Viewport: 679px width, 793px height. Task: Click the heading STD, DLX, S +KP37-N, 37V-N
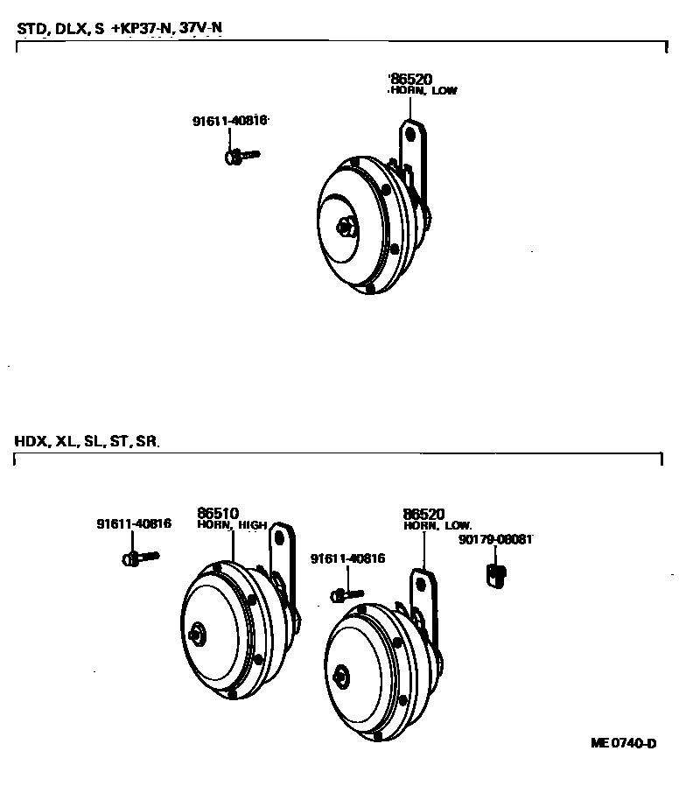(119, 29)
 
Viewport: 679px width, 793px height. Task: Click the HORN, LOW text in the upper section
(423, 90)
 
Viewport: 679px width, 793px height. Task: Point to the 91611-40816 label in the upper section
(229, 122)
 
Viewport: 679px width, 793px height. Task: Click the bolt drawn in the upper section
(241, 157)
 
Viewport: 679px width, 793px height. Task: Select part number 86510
(218, 514)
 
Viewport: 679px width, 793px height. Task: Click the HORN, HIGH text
(231, 525)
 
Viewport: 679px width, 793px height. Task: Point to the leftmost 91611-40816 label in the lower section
(133, 524)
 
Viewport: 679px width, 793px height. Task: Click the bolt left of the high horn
(140, 556)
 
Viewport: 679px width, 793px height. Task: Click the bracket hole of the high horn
(281, 536)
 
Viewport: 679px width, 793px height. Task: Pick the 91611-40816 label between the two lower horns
(347, 558)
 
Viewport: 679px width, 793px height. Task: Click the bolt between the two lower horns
(346, 594)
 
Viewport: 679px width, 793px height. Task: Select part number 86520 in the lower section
(424, 514)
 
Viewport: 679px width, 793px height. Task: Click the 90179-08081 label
(495, 540)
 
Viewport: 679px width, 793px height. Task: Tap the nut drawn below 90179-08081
(495, 574)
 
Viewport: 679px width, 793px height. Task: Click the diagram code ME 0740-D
(624, 743)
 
